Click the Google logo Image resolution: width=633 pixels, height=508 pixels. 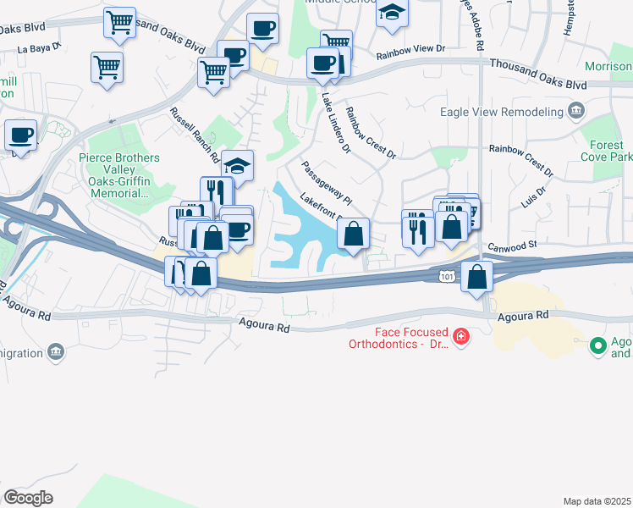click(x=28, y=498)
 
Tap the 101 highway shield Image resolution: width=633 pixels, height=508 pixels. click(x=446, y=276)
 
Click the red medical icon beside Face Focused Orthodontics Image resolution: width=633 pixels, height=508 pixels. click(x=460, y=338)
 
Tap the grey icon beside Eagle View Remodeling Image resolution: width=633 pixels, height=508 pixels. click(x=577, y=110)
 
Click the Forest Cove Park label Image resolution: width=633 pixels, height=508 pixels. click(x=608, y=151)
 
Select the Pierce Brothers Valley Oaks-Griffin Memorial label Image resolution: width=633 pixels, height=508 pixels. click(x=118, y=175)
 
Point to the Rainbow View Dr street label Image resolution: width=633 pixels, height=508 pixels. click(x=410, y=49)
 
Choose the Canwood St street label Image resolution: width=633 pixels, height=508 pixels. click(x=513, y=246)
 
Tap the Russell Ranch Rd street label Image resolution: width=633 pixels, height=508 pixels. click(x=194, y=135)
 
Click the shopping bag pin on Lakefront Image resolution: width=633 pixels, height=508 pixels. click(x=354, y=234)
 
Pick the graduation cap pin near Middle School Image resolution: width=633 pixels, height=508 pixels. click(x=392, y=14)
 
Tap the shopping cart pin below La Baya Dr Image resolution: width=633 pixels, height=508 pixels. click(x=107, y=66)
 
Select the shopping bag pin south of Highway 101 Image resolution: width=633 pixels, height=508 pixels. click(x=477, y=276)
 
